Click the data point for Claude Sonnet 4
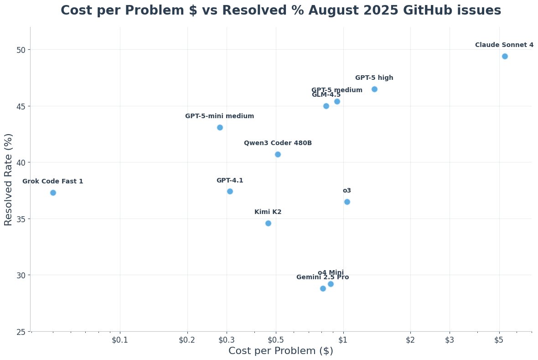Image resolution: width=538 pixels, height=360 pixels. click(x=505, y=56)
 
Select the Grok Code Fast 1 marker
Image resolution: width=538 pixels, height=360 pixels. click(x=53, y=193)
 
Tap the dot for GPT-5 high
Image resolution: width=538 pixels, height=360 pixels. click(x=374, y=89)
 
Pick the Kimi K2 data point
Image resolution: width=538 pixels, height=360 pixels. click(x=268, y=223)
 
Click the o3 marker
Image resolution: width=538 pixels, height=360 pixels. click(x=347, y=202)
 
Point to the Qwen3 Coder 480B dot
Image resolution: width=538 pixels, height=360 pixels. click(x=278, y=154)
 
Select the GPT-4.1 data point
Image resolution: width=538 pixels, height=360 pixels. click(x=230, y=191)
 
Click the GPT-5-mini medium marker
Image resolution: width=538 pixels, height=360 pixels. click(x=220, y=127)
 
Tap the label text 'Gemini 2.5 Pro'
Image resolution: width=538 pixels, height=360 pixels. click(x=322, y=277)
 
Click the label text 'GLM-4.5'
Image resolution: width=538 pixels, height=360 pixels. click(x=326, y=95)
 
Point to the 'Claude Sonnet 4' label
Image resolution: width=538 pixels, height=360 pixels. click(x=504, y=45)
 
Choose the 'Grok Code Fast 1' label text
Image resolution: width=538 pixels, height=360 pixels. click(x=53, y=182)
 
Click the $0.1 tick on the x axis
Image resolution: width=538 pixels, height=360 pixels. click(x=120, y=340)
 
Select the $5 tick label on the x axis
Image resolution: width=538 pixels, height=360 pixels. click(x=499, y=340)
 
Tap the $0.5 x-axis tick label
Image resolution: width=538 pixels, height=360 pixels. click(x=276, y=340)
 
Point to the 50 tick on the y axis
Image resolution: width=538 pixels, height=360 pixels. click(x=22, y=49)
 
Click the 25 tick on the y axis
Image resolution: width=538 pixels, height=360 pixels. click(x=22, y=331)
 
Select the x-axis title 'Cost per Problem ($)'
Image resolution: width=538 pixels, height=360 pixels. click(x=280, y=351)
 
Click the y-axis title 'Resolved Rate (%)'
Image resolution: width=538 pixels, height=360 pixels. click(x=8, y=179)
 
